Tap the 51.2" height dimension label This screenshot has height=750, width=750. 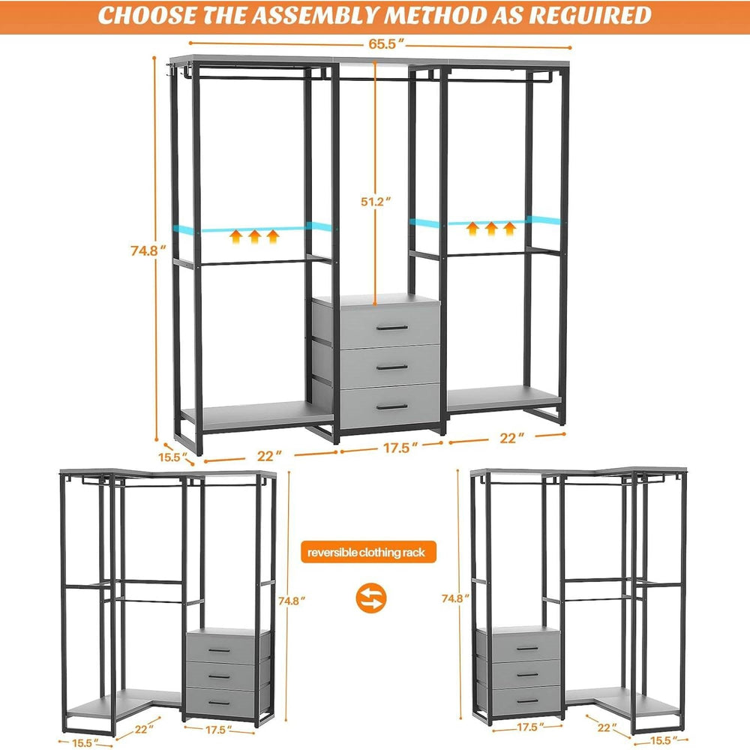pyautogui.click(x=373, y=201)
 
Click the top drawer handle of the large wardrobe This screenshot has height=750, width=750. pyautogui.click(x=390, y=328)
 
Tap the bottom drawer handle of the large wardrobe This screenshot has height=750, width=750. pyautogui.click(x=390, y=406)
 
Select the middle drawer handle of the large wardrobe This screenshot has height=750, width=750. pyautogui.click(x=390, y=367)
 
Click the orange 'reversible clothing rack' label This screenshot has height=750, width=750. pyautogui.click(x=367, y=553)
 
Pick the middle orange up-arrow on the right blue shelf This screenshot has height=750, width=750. pyautogui.click(x=490, y=227)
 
